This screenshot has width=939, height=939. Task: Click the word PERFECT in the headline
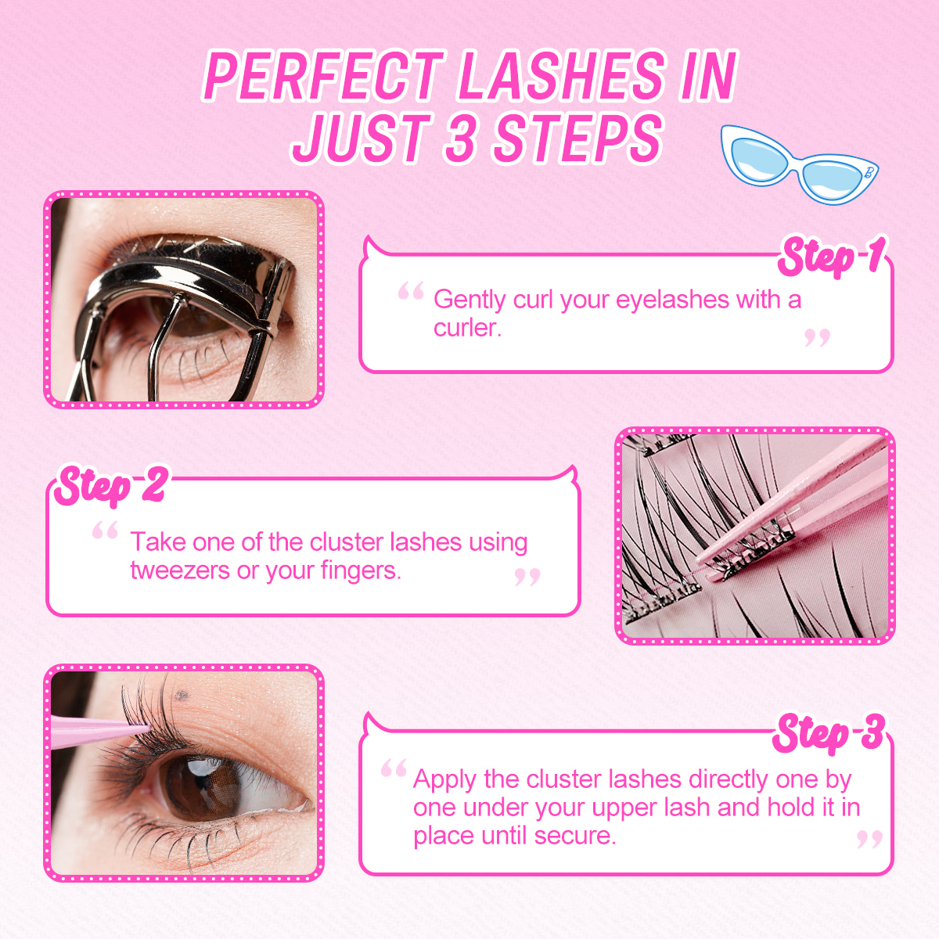323,77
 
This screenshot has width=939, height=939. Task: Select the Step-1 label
831,257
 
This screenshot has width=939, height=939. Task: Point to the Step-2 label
110,485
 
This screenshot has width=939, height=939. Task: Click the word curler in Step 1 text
466,328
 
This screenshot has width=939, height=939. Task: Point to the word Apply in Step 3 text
444,779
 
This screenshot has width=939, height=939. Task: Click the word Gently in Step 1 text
469,300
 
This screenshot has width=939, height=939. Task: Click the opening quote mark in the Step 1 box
411,293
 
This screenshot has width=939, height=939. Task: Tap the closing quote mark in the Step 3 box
869,840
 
